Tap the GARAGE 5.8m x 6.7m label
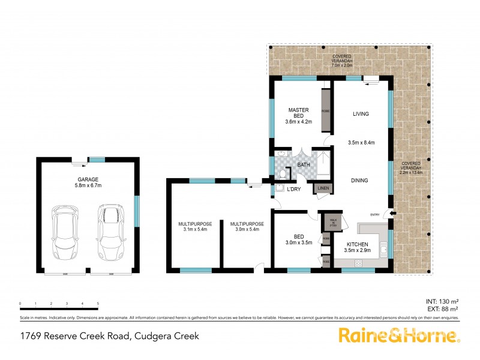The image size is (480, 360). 88,182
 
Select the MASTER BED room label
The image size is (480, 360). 298,115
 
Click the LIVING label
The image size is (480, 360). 361,113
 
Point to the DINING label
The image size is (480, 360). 360,180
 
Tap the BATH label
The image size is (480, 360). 304,164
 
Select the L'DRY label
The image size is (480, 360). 294,190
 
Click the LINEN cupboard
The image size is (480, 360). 323,188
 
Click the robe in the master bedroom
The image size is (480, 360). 326,111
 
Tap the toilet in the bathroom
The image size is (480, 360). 283,175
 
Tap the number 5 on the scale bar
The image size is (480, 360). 98,304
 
